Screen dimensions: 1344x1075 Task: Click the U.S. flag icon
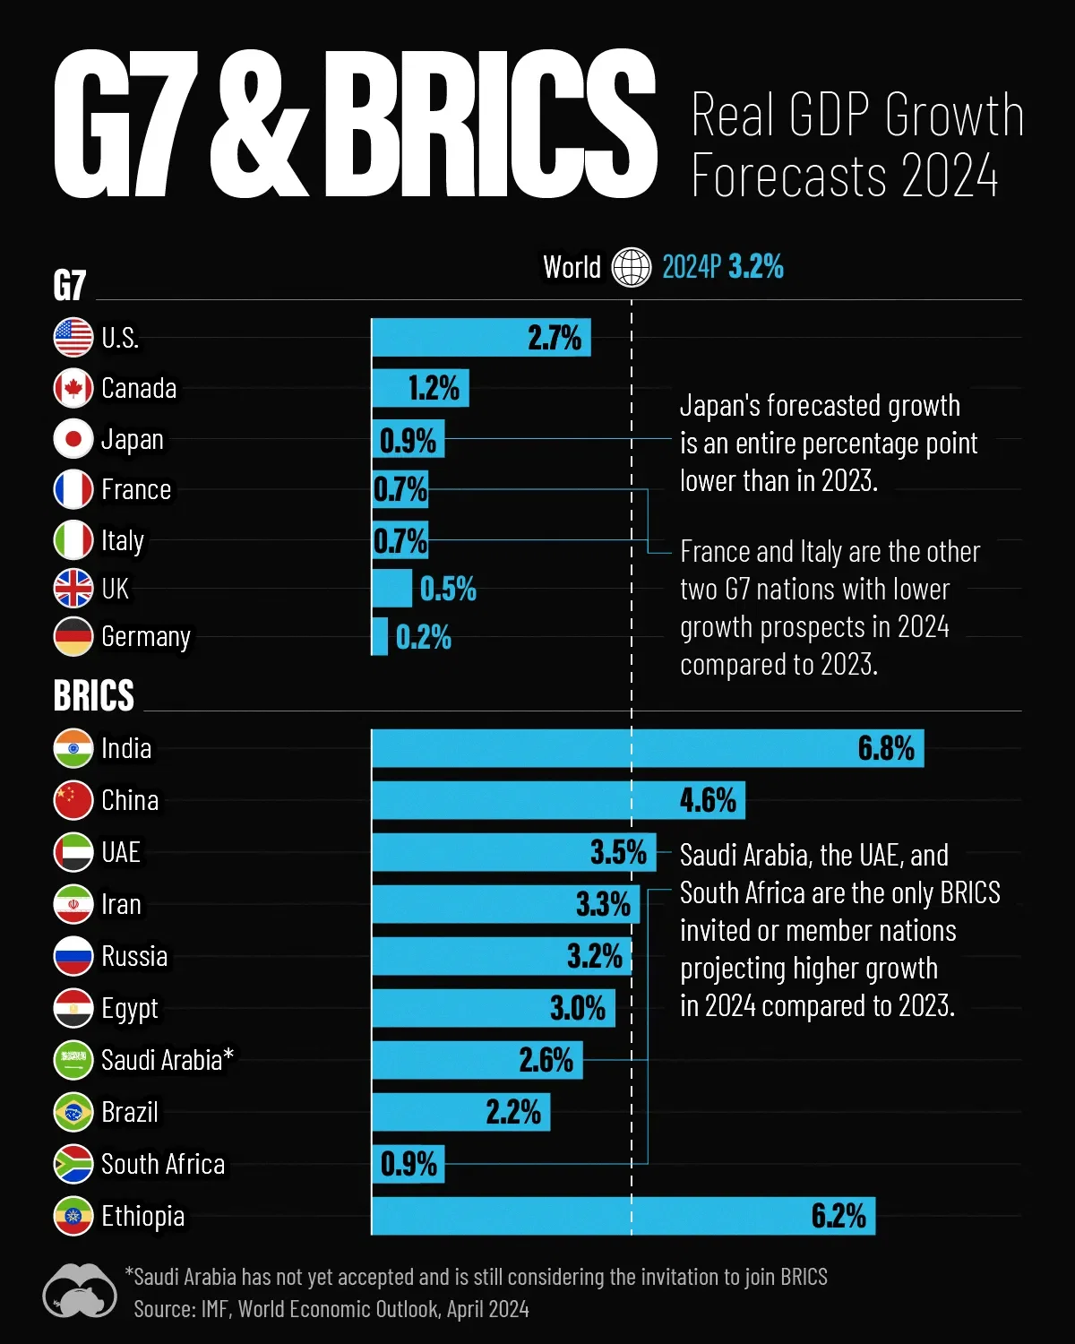pos(73,338)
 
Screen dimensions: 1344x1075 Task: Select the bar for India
pos(647,748)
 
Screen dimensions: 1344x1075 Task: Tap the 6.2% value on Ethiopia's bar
pos(838,1216)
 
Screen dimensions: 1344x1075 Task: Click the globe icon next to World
pos(631,267)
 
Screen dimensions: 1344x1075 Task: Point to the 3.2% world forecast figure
pos(755,267)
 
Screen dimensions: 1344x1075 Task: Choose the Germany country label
pos(146,637)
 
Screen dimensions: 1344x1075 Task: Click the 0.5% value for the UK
pos(448,589)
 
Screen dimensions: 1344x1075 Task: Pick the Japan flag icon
pos(73,439)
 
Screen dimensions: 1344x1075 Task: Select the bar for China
pos(557,800)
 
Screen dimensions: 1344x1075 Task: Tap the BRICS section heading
pos(94,695)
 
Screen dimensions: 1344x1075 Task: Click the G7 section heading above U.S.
pos(70,286)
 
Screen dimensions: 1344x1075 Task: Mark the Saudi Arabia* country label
pos(168,1060)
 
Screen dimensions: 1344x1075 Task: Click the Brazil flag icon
pos(73,1112)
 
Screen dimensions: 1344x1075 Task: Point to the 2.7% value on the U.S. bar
pos(555,338)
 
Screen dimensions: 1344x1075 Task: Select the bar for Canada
pos(419,388)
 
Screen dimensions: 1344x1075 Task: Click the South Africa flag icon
pos(73,1164)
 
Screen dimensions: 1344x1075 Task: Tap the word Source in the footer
pos(164,1309)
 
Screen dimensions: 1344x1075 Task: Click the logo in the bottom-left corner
pos(79,1291)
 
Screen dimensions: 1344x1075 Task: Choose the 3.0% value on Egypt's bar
pos(578,1008)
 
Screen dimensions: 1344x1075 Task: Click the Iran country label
pos(121,904)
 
